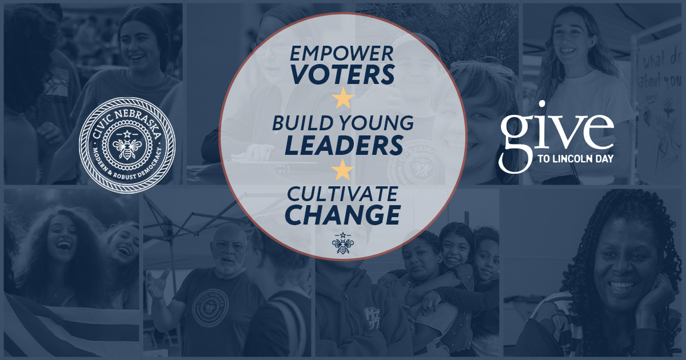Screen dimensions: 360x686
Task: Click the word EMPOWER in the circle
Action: (342, 54)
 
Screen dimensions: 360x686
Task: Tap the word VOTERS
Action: (342, 75)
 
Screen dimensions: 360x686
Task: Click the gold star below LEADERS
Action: (343, 169)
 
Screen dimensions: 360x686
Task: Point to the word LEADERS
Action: (344, 145)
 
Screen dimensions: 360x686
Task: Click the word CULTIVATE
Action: (342, 193)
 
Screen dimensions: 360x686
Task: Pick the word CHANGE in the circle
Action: (342, 214)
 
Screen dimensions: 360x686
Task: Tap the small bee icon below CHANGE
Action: (342, 243)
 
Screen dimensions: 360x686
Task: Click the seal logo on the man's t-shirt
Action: (210, 308)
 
